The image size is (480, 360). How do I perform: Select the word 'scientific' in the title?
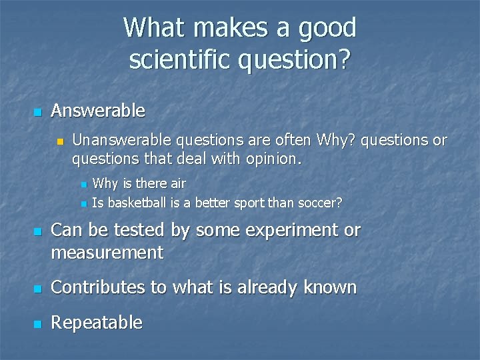coord(176,59)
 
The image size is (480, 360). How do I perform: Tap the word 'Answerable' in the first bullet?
coord(98,110)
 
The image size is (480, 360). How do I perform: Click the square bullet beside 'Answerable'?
coord(37,111)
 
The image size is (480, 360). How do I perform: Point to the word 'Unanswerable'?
coord(121,140)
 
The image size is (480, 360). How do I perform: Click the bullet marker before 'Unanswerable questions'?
coord(59,141)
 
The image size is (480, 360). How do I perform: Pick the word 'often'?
coord(291,140)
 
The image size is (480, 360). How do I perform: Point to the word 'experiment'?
coord(288,231)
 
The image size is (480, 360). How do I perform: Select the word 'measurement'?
coord(107,253)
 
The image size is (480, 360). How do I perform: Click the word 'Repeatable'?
coord(97,323)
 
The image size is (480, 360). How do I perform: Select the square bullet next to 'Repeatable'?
coord(37,324)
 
